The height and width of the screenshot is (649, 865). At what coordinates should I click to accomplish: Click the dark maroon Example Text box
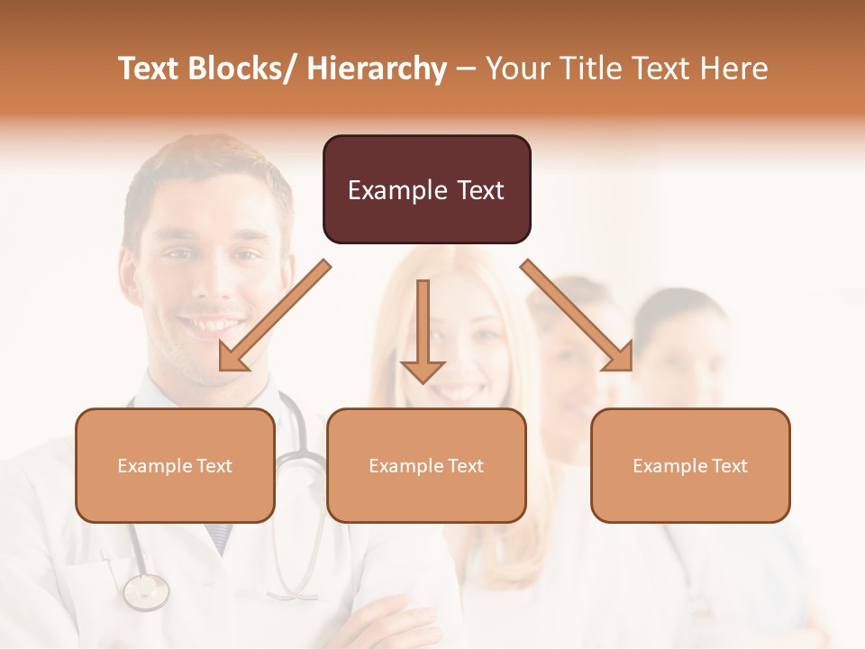pos(426,189)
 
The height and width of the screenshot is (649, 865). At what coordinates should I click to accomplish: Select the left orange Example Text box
pos(175,465)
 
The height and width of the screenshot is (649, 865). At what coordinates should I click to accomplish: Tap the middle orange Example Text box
pos(426,465)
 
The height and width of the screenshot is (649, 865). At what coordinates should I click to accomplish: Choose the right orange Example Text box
pos(690,465)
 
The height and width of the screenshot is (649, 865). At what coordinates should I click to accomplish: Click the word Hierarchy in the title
pos(377,69)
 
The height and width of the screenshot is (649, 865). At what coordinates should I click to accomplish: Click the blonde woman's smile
pos(460,393)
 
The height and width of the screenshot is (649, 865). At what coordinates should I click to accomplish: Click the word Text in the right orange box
pos(730,465)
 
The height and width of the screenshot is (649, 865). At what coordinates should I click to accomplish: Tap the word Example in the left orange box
pos(154,465)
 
